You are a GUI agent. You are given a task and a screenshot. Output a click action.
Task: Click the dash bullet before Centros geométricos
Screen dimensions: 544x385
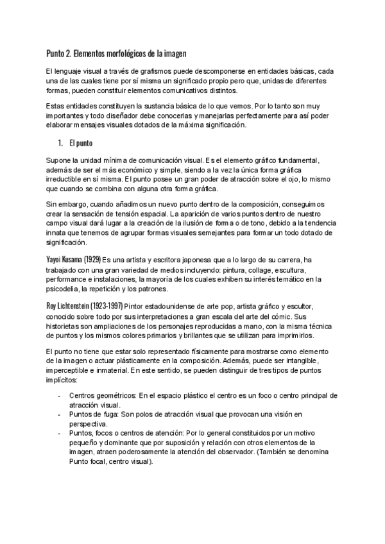coord(60,396)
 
